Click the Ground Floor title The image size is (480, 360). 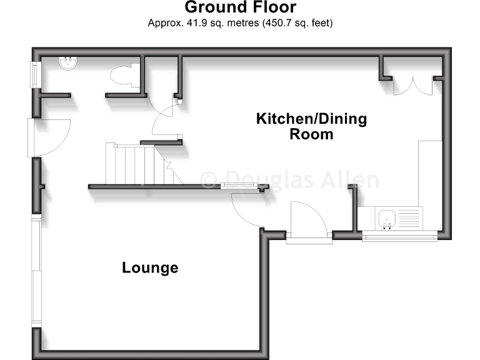click(240, 8)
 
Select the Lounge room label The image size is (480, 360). click(150, 268)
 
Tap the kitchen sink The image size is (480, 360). click(387, 218)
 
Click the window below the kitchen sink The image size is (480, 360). click(400, 236)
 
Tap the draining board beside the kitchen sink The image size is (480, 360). click(409, 218)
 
